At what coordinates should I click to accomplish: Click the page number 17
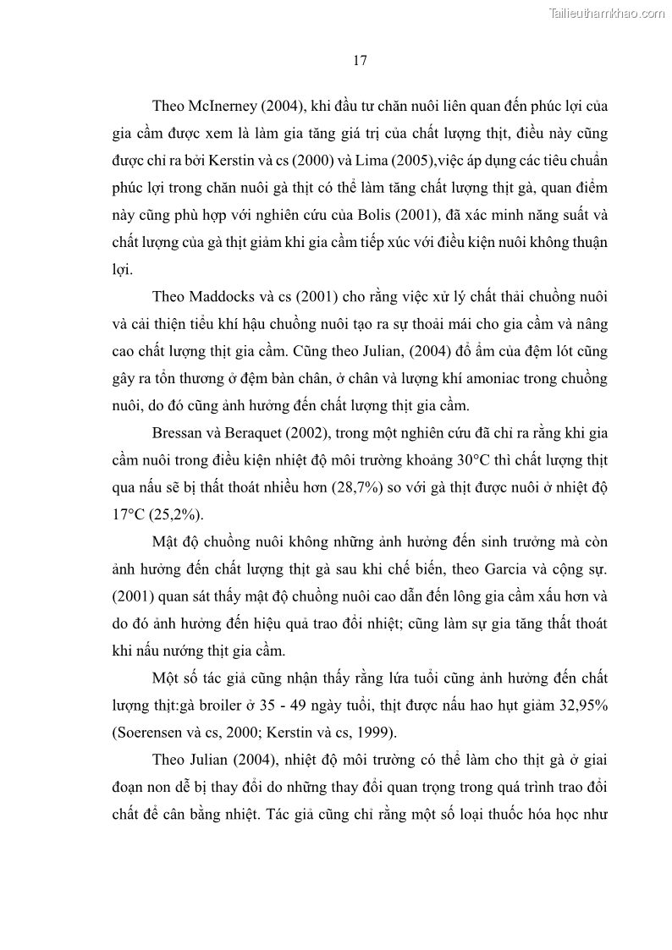(x=360, y=61)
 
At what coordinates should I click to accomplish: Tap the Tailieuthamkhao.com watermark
(x=608, y=13)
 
